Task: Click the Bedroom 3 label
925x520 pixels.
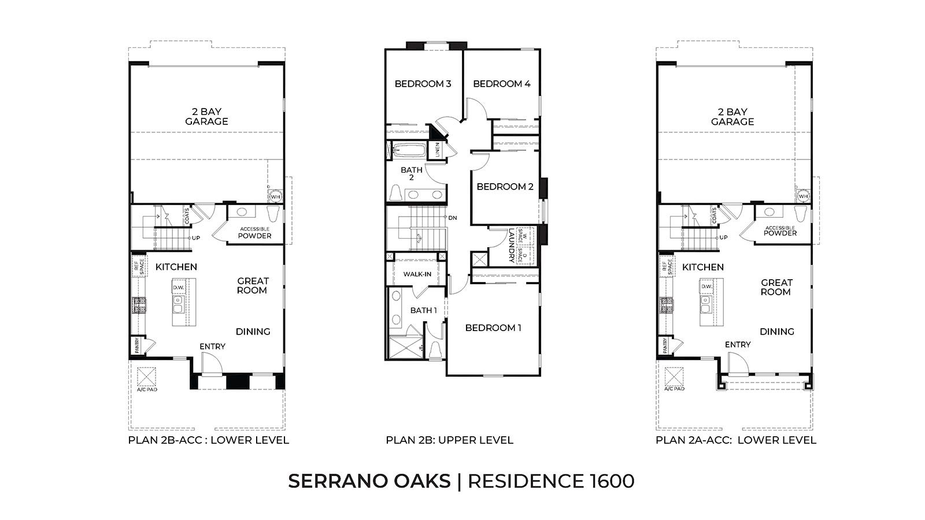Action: click(x=423, y=84)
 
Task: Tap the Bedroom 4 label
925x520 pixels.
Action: click(x=501, y=84)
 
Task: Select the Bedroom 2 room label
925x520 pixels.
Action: click(x=505, y=187)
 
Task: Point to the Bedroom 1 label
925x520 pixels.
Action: click(x=493, y=328)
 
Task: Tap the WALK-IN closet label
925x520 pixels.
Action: click(x=417, y=274)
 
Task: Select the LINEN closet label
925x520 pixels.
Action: click(x=438, y=150)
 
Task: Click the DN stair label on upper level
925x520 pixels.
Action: click(x=453, y=218)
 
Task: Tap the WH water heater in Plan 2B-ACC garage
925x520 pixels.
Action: click(x=275, y=196)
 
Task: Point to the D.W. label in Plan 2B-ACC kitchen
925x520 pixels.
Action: click(x=178, y=286)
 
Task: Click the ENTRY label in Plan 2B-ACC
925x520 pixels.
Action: click(x=212, y=346)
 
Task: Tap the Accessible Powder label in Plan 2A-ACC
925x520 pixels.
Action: click(x=780, y=231)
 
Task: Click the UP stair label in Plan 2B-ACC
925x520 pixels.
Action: click(x=196, y=237)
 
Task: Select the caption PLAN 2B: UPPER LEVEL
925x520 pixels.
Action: click(x=449, y=440)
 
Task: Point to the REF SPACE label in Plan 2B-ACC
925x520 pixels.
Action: click(x=138, y=268)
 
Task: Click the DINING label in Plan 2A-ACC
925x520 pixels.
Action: click(x=776, y=332)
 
